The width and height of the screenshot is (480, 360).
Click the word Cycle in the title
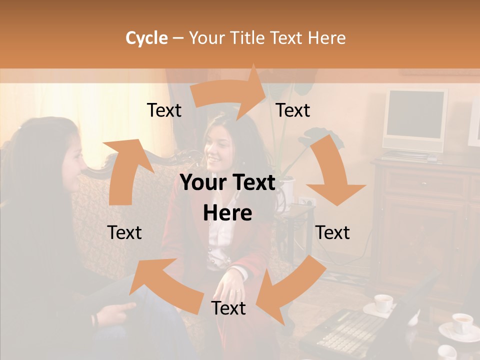coord(146,38)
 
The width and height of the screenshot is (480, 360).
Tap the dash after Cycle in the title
coord(178,38)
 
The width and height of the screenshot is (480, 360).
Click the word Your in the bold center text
coord(202,183)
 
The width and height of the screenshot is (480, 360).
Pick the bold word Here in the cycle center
coord(227,213)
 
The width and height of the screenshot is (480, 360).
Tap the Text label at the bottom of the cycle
coord(228,308)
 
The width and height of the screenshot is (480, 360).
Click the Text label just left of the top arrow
coord(164,110)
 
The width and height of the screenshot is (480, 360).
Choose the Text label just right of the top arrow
coord(293,110)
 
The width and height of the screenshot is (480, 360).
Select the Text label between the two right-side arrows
coord(332,232)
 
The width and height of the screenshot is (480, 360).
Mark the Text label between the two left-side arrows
coord(124,232)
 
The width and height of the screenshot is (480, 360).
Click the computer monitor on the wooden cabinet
coord(414,120)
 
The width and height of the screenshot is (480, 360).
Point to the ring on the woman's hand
coord(238,290)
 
